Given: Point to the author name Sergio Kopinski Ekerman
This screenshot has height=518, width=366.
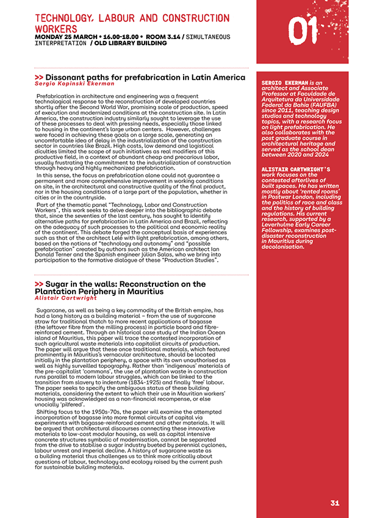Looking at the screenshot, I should tap(74, 84).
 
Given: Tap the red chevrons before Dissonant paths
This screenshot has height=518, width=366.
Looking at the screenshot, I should tap(39, 77).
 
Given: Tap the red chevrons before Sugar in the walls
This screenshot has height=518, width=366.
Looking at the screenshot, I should tap(39, 284).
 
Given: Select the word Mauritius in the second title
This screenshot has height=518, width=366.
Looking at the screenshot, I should tap(142, 292).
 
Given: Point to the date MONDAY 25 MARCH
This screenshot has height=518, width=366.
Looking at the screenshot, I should tap(63, 37).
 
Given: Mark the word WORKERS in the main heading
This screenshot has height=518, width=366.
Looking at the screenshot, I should tap(56, 29).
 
